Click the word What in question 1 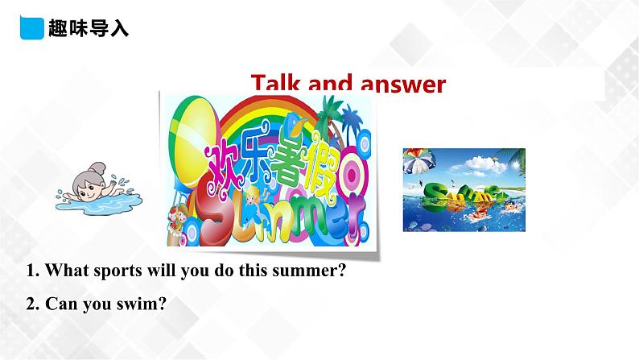click(x=64, y=271)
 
